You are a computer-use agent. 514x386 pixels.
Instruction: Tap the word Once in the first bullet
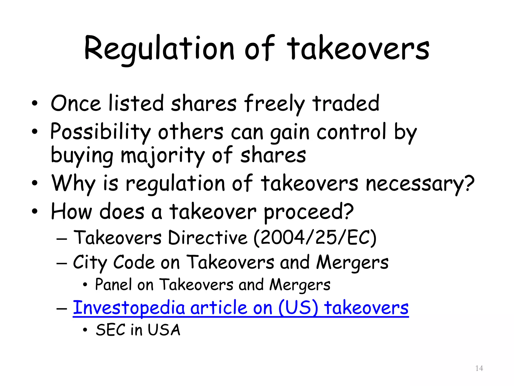coord(76,103)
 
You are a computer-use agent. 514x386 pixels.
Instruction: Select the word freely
coord(274,104)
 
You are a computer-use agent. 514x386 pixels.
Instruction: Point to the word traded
coord(346,103)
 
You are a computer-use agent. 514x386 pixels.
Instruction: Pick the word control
coord(351,132)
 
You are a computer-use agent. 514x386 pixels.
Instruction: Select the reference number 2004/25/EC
coord(315,238)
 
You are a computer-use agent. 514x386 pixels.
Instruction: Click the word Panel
coord(113,285)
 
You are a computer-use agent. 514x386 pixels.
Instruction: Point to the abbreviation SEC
coord(111,330)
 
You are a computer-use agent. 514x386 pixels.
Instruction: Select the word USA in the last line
coord(164,330)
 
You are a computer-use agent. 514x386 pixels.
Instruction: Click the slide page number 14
coord(479,368)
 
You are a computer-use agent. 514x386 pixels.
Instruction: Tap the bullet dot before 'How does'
coord(35,211)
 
